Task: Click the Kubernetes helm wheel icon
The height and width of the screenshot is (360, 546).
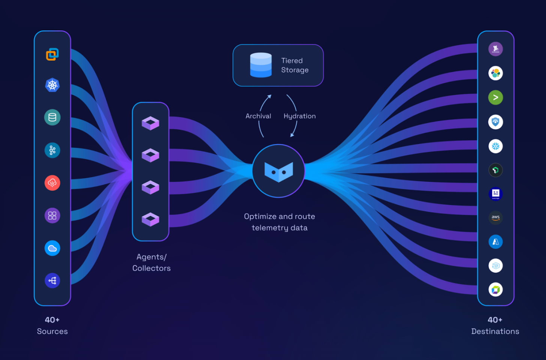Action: [x=52, y=85]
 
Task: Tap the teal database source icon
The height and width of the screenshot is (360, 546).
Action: [x=52, y=117]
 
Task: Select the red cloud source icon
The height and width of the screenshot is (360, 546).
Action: [x=52, y=183]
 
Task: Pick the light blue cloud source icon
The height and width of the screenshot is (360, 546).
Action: [x=52, y=248]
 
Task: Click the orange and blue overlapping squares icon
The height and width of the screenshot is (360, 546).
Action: [x=52, y=54]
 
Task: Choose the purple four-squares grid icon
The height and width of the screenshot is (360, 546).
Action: [x=52, y=216]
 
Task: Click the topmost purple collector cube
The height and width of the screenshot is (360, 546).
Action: [x=150, y=123]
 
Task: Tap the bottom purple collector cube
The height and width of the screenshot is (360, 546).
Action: [x=150, y=219]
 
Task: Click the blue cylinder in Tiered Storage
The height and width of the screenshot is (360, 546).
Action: [x=261, y=65]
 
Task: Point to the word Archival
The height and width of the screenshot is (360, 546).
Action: [x=258, y=116]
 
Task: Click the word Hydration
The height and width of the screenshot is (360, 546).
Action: [x=300, y=116]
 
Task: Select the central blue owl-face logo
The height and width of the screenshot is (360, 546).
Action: [x=278, y=171]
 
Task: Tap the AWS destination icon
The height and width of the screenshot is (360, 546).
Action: [x=495, y=217]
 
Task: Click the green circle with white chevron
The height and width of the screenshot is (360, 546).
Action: [x=495, y=97]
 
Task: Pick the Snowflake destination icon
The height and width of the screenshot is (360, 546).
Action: [x=495, y=146]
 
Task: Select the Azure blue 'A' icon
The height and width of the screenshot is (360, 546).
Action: [x=495, y=242]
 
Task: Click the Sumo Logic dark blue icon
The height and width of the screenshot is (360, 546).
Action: [x=495, y=193]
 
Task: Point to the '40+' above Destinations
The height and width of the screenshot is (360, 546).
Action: [x=495, y=320]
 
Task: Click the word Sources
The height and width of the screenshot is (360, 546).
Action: [x=52, y=331]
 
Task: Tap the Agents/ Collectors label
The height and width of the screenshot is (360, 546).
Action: [x=151, y=262]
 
